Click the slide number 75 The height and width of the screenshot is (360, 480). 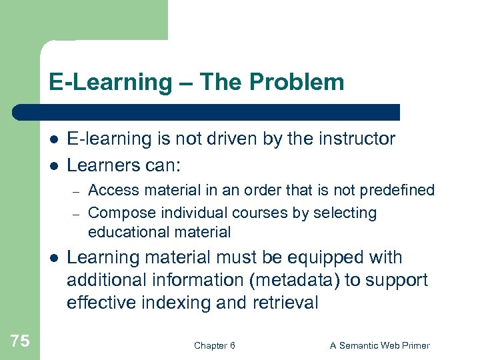tap(20, 341)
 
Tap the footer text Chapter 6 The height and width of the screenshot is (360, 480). tap(214, 345)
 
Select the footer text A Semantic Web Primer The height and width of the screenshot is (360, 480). tap(380, 345)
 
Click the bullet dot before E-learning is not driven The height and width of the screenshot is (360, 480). tap(53, 139)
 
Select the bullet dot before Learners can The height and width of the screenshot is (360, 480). tap(53, 165)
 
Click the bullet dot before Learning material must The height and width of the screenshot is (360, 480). tap(53, 258)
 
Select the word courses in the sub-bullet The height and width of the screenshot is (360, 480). tap(257, 213)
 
